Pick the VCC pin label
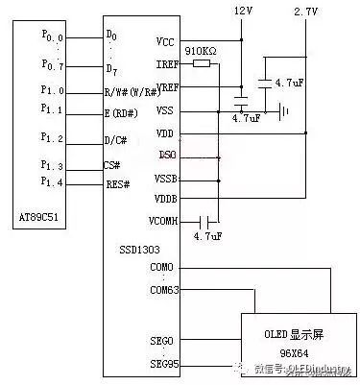click(164, 41)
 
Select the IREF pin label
click(165, 64)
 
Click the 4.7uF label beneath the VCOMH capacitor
click(207, 235)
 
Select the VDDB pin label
click(165, 198)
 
